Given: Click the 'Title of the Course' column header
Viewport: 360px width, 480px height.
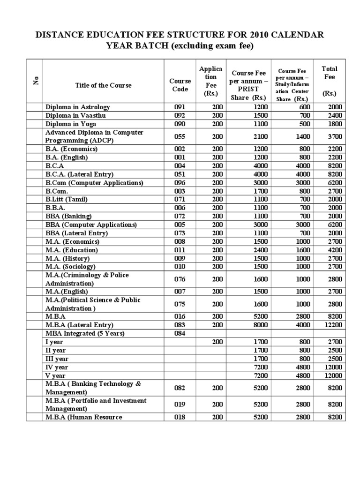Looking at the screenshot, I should click(103, 85).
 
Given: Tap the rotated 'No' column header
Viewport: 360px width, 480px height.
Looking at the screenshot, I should click(35, 81).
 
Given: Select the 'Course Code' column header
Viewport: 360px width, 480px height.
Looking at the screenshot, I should click(180, 85).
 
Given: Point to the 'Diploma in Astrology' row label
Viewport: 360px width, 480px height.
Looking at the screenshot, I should click(77, 107).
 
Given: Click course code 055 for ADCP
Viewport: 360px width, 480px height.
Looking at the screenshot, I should click(180, 136).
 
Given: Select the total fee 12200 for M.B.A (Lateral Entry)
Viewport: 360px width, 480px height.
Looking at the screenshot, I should click(332, 325).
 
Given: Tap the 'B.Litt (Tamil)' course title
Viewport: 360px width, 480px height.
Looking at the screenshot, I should click(67, 199).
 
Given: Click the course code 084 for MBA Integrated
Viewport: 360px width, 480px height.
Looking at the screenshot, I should click(180, 333).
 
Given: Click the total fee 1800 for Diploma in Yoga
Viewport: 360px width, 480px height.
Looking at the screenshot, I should click(335, 124).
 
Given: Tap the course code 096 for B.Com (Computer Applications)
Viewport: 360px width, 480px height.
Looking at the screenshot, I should click(180, 182).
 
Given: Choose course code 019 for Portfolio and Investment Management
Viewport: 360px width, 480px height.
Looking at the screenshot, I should click(180, 405).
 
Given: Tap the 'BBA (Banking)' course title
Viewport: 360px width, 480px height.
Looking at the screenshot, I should click(68, 216).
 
